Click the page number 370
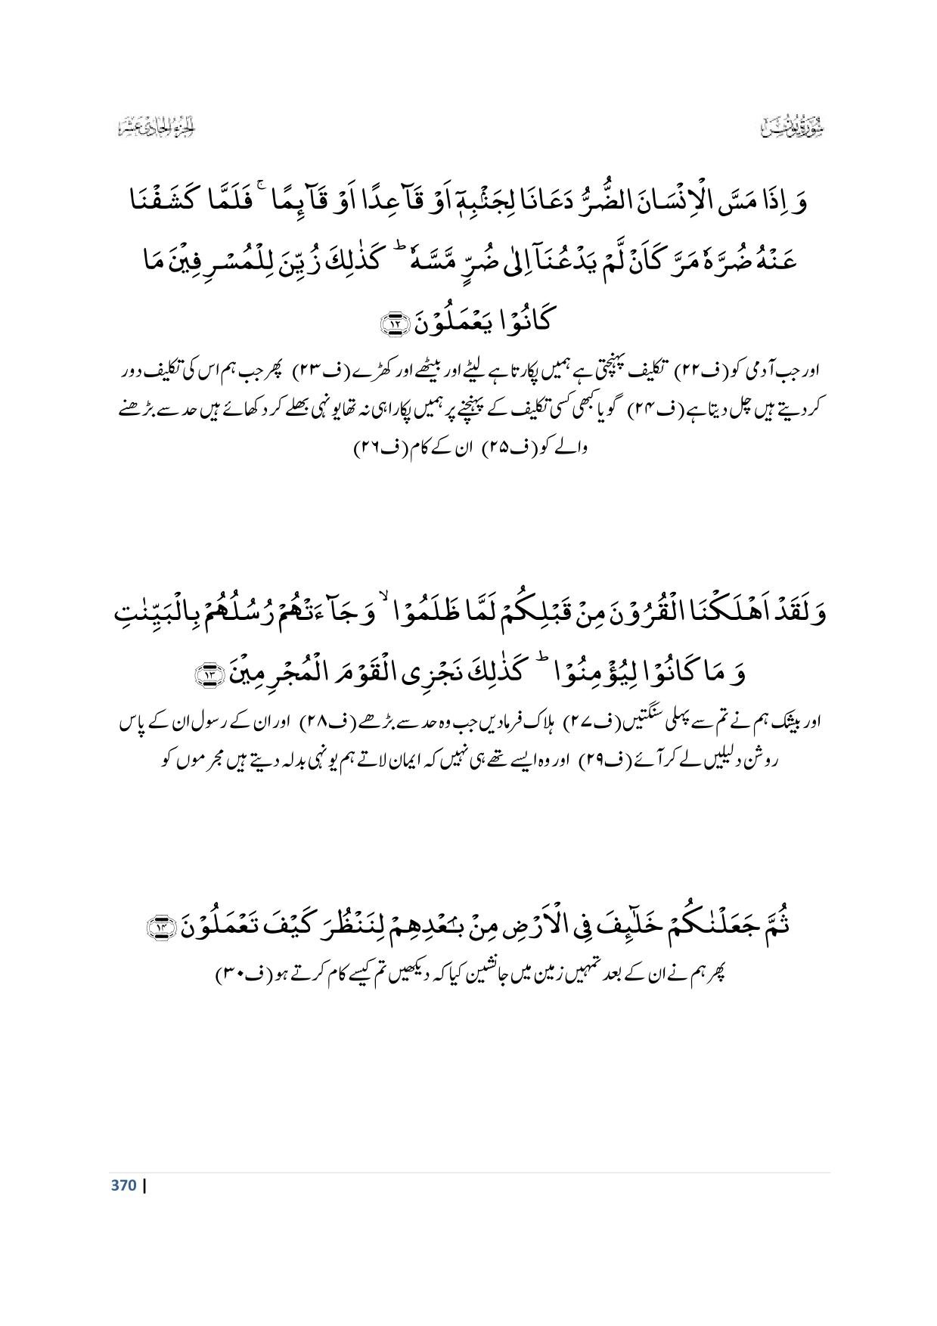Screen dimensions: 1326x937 123,1185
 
